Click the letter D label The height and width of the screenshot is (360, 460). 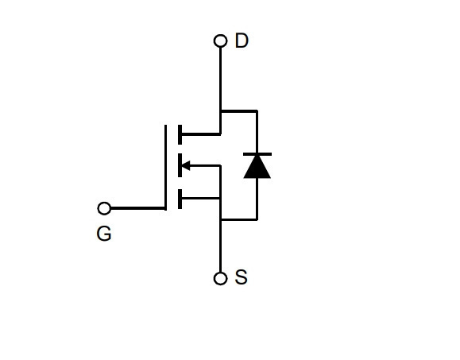(x=242, y=41)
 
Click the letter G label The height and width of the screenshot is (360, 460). (x=104, y=234)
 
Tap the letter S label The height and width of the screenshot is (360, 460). (x=242, y=277)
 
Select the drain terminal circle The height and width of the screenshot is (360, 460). (x=220, y=41)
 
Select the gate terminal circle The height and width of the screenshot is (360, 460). (x=104, y=208)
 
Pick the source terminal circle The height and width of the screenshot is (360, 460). (x=220, y=278)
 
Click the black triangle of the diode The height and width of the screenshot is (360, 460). (x=257, y=167)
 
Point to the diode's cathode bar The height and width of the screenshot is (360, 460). (x=257, y=154)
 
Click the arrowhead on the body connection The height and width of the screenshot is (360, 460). (x=186, y=166)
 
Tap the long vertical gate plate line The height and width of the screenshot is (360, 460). (x=165, y=168)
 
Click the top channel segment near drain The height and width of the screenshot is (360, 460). (x=180, y=134)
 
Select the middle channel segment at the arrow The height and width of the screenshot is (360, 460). (x=180, y=165)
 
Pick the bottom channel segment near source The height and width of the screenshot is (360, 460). (x=180, y=199)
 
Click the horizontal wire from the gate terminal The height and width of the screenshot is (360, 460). (x=138, y=208)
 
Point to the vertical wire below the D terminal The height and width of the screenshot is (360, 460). (x=220, y=91)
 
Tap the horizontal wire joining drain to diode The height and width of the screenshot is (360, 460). (x=239, y=111)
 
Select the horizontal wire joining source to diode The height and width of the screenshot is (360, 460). (x=239, y=219)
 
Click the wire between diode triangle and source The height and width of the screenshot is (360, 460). (x=257, y=199)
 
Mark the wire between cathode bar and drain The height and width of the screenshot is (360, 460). (x=257, y=132)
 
